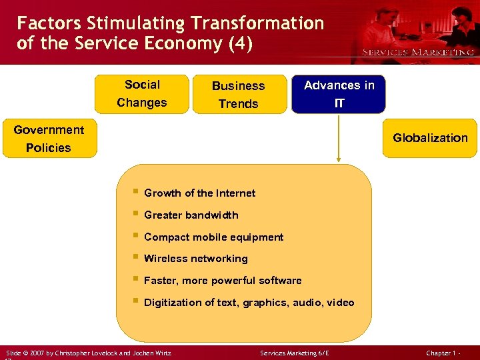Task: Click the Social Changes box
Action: point(141,94)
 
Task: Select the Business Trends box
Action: point(238,95)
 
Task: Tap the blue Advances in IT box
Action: point(339,94)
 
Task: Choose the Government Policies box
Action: point(49,139)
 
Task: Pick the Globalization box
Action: point(430,138)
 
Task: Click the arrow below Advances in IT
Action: point(339,137)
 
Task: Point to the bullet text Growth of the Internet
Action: point(199,193)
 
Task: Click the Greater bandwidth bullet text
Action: point(191,215)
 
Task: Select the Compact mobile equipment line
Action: point(213,237)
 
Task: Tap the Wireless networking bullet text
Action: point(195,259)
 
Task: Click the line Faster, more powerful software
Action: point(223,281)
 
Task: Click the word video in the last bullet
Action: point(340,303)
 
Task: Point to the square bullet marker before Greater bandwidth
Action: point(135,215)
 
